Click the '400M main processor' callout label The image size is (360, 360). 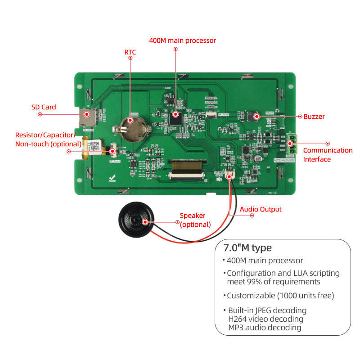tap(182, 40)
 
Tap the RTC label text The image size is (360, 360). tap(130, 52)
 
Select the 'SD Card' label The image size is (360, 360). tap(44, 107)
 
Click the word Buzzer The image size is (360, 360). tap(314, 117)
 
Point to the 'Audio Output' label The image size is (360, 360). tap(260, 209)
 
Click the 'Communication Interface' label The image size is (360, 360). tap(328, 155)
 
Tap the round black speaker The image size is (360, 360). tap(135, 221)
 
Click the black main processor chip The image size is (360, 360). tap(175, 118)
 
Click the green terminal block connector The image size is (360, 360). tap(291, 143)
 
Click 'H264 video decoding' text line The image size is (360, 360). tap(265, 319)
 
